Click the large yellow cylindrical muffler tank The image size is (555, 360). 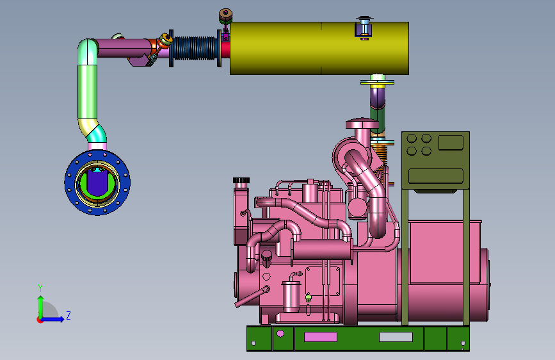319,48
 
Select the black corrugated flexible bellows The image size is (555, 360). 195,48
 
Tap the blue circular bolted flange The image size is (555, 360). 97,183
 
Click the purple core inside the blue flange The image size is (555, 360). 97,181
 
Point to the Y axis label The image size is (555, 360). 40,288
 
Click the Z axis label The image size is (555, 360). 68,315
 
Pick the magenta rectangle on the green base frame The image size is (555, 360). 321,336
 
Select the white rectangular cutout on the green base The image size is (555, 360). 396,336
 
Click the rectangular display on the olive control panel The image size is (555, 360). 451,142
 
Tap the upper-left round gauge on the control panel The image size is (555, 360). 412,138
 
